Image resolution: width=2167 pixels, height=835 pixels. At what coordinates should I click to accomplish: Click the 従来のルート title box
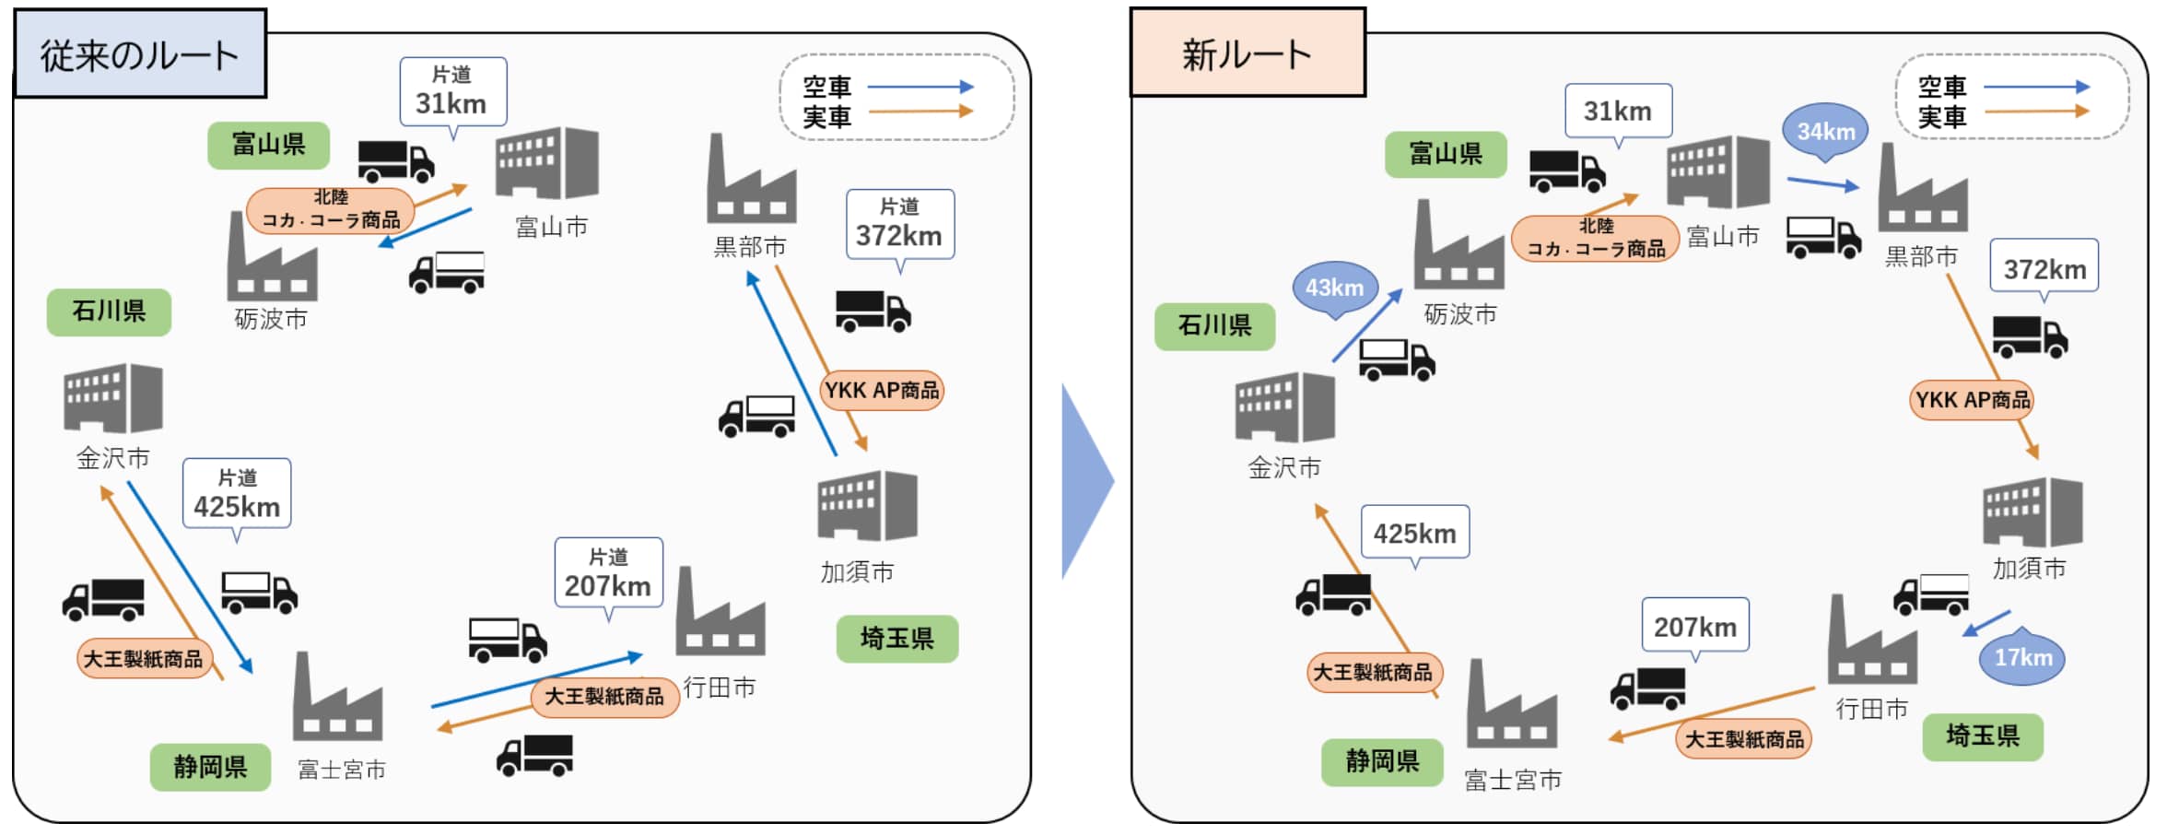coord(140,54)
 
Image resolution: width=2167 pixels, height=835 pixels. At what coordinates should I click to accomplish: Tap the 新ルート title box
coord(1247,53)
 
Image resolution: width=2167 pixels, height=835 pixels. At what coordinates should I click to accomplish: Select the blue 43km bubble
coord(1334,288)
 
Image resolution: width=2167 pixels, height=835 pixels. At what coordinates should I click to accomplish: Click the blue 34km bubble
coord(1825,131)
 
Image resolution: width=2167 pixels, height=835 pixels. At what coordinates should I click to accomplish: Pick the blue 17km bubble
coord(2022,657)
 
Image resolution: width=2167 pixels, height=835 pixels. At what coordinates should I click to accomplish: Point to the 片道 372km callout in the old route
coord(899,224)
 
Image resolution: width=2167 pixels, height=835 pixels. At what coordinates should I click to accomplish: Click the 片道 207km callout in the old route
coord(608,573)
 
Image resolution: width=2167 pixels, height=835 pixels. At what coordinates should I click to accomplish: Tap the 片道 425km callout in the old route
coord(237,494)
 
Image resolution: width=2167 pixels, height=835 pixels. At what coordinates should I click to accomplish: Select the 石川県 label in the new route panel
coord(1214,325)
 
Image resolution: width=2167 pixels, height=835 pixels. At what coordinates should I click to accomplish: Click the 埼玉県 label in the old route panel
coord(896,638)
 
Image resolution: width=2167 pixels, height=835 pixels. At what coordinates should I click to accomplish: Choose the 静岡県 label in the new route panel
coord(1381,761)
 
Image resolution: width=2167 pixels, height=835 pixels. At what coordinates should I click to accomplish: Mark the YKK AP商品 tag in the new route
coord(1972,400)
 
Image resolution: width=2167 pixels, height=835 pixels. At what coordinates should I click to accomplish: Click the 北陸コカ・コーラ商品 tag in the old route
coord(331,210)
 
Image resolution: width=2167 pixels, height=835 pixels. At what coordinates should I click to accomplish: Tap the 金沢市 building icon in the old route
coord(113,398)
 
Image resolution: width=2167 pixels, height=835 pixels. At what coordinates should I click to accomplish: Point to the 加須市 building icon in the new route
coord(2032,512)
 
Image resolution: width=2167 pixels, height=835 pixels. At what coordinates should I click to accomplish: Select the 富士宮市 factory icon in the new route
coord(1512,706)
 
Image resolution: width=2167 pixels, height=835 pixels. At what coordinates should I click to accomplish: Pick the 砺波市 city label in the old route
coord(271,319)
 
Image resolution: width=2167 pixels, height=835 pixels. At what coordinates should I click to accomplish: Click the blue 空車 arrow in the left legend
coord(920,87)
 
